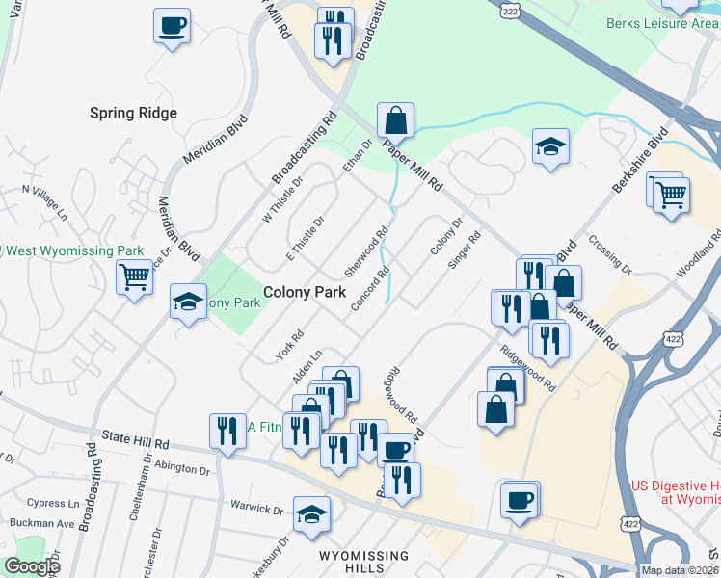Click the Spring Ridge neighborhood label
[x=133, y=113]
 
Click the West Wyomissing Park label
[x=73, y=251]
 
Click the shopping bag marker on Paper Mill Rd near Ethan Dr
[x=395, y=121]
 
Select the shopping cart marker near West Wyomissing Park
[x=134, y=277]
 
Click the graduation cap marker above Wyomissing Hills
[x=311, y=515]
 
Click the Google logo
[x=31, y=566]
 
